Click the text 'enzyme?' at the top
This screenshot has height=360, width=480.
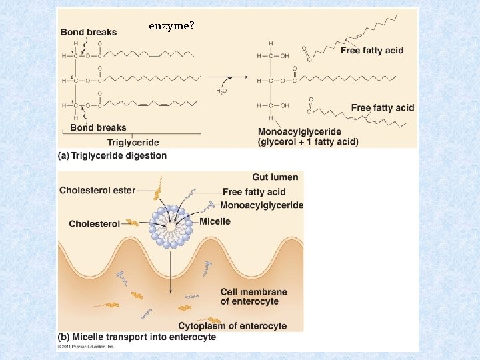click(x=171, y=26)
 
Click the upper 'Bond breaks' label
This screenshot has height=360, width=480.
click(x=88, y=32)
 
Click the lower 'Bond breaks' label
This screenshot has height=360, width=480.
click(x=98, y=127)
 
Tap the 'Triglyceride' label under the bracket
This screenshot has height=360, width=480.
click(x=133, y=142)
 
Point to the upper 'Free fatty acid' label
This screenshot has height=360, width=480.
click(x=371, y=50)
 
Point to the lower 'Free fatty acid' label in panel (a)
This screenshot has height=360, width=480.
click(x=382, y=107)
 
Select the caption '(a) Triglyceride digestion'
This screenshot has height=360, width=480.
click(x=113, y=155)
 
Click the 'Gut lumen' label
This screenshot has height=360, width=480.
click(x=275, y=177)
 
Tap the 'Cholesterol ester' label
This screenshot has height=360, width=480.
click(x=97, y=190)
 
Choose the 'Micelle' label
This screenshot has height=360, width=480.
click(x=214, y=221)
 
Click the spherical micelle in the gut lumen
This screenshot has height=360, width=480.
click(x=171, y=227)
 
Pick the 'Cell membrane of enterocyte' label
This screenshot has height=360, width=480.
click(x=254, y=297)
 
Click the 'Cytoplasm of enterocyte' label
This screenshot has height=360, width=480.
click(x=233, y=326)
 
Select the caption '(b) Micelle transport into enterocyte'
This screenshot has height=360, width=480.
click(x=137, y=337)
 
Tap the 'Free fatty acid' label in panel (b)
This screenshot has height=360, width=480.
click(x=254, y=192)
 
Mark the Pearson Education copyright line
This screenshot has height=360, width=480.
click(x=86, y=347)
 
